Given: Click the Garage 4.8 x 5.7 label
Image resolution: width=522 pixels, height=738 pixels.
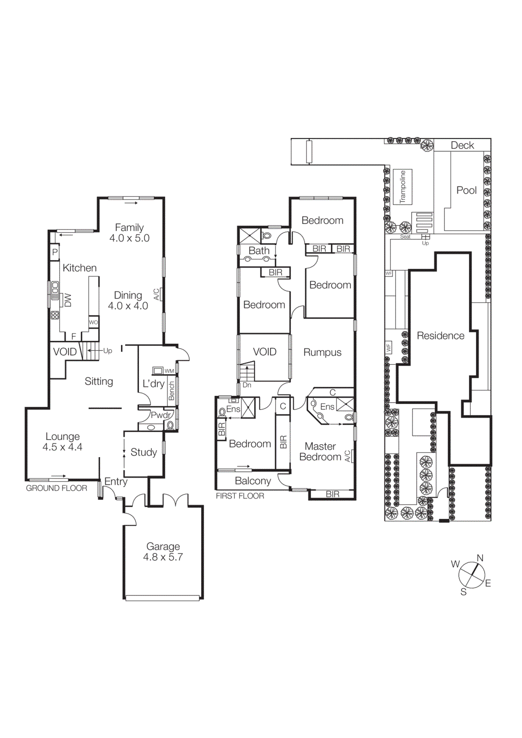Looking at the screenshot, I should (x=163, y=552).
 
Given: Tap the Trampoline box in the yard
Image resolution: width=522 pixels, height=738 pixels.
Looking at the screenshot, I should (x=402, y=187).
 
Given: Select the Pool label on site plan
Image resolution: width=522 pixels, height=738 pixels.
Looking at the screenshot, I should (x=466, y=190).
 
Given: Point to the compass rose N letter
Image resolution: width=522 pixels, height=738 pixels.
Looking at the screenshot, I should (x=480, y=558).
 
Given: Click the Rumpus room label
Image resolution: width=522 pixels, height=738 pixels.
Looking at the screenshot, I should (x=322, y=352).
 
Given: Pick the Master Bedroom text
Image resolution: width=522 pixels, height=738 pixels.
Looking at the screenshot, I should (x=320, y=452).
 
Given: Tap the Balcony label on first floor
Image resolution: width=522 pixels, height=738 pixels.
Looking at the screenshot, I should (x=252, y=481).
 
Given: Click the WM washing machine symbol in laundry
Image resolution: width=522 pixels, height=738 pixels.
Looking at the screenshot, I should (x=158, y=370).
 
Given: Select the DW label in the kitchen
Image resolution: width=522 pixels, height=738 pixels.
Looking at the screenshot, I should (x=68, y=300).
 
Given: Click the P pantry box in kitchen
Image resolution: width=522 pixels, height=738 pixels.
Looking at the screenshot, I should (x=55, y=252).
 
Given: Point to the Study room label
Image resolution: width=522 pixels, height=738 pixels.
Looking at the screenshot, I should (x=144, y=452).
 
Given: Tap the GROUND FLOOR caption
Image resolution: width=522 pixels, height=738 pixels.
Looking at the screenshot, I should (x=56, y=488).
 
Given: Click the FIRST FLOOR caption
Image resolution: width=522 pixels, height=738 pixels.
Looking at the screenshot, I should (x=240, y=496).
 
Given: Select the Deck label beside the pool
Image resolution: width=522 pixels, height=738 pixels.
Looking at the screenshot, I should (x=462, y=145).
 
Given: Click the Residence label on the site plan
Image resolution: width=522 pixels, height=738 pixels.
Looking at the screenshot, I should (x=440, y=336).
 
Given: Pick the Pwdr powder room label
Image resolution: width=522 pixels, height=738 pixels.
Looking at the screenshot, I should (x=160, y=415).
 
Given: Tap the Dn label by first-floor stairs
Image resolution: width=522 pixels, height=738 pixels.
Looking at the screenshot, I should (x=247, y=385).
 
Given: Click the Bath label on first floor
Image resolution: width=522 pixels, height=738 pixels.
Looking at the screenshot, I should (x=259, y=250).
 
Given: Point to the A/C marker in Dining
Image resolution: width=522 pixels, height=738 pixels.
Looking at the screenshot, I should (x=156, y=294).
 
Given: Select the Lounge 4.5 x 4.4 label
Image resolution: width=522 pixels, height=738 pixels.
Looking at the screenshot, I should (x=62, y=441).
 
